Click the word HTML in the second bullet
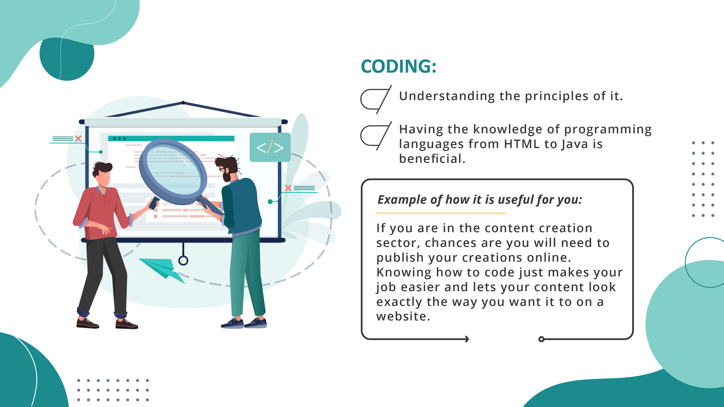click(x=522, y=144)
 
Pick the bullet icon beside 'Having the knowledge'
click(x=375, y=136)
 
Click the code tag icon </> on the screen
click(x=270, y=147)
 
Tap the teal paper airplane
click(x=162, y=268)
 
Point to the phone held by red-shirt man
click(x=154, y=203)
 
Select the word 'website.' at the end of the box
click(x=403, y=316)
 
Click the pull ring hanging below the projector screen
click(x=183, y=260)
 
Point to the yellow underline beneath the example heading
click(x=440, y=213)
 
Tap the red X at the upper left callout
click(x=78, y=139)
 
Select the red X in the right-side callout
click(x=288, y=188)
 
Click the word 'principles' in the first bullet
click(x=557, y=96)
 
